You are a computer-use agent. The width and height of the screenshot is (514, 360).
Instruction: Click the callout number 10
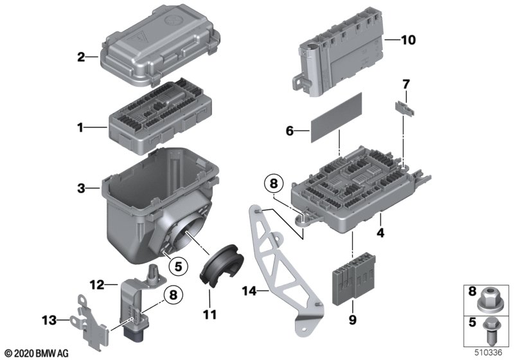tap(408, 40)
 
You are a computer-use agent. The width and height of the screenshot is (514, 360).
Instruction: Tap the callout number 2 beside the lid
tap(81, 57)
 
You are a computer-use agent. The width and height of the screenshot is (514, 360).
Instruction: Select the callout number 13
tap(49, 320)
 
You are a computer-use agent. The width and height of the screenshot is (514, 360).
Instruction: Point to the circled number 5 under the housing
tap(178, 266)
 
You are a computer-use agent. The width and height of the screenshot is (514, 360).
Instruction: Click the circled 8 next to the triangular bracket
tap(274, 184)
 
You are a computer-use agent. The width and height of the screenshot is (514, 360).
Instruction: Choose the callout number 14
tap(249, 291)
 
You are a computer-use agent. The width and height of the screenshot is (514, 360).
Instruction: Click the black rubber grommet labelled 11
tap(222, 265)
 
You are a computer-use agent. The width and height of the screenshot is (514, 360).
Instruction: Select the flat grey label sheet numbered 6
tap(336, 117)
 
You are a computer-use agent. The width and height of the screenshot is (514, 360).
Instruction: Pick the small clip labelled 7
tap(405, 108)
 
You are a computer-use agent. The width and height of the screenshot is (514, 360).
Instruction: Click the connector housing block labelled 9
tap(354, 279)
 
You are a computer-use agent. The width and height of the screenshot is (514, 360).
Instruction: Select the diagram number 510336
tap(489, 353)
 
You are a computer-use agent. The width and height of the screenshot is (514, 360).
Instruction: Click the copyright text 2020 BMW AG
tap(37, 354)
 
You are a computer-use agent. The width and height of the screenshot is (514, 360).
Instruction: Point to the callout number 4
tap(380, 233)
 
